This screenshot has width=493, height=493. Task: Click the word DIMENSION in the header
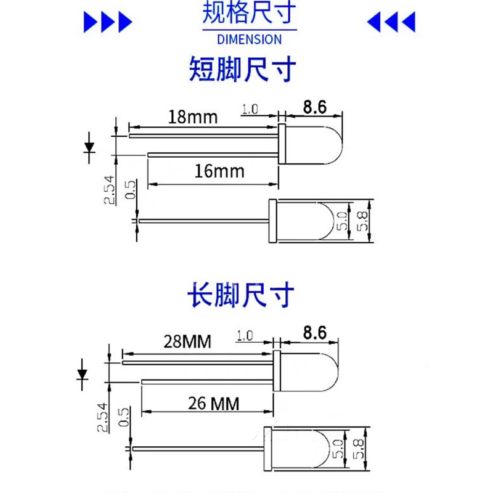pos(250,39)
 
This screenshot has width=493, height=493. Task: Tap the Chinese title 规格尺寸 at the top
pos(249,14)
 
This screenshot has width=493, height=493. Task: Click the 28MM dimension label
pos(187,340)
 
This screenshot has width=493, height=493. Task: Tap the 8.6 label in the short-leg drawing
pos(314,107)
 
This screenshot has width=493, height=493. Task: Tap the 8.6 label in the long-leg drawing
pos(314,333)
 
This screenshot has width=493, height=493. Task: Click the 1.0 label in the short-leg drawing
pos(250,110)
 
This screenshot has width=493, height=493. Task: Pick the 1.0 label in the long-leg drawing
pos(245,336)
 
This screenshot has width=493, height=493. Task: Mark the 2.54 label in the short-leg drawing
pos(109,191)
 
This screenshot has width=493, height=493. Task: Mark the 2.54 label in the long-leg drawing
pos(102,417)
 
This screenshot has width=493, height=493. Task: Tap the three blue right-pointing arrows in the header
pos(108,23)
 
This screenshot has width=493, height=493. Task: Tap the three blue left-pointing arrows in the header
pos(391,23)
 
